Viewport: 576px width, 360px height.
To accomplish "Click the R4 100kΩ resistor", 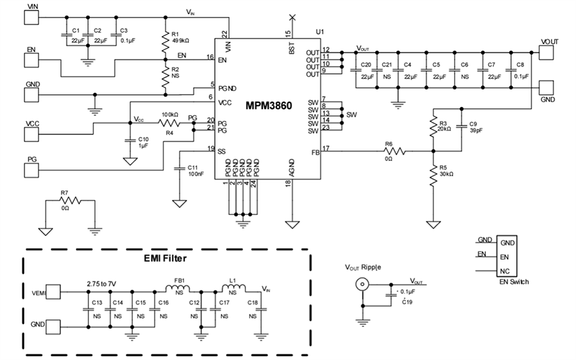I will tap(168, 123).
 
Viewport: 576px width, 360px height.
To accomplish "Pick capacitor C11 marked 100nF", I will tap(180, 167).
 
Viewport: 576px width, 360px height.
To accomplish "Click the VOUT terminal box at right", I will tap(548, 52).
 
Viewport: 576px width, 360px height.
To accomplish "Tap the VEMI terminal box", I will tap(54, 294).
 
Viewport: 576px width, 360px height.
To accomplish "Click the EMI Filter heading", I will tap(167, 258).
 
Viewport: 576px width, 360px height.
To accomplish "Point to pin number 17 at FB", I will tap(326, 148).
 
